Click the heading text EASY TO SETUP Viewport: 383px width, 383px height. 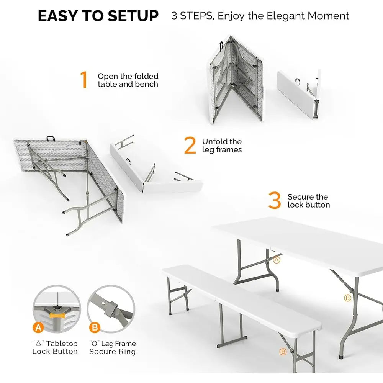click(98, 16)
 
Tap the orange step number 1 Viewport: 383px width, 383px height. click(84, 80)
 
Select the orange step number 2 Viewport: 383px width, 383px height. click(190, 146)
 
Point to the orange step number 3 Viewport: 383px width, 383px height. click(275, 201)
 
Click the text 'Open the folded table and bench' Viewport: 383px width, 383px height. click(128, 80)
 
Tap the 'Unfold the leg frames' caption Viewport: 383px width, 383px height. click(222, 146)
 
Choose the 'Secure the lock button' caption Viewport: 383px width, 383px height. click(309, 201)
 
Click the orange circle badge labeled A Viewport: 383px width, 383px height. click(38, 327)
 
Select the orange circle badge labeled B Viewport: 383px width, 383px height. click(94, 327)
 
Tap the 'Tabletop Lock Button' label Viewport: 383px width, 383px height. click(55, 347)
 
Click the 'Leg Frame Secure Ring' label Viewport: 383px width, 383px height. click(113, 347)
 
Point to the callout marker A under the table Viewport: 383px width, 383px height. click(277, 260)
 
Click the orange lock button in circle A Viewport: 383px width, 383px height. click(57, 313)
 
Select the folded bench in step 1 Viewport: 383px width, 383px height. click(299, 94)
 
